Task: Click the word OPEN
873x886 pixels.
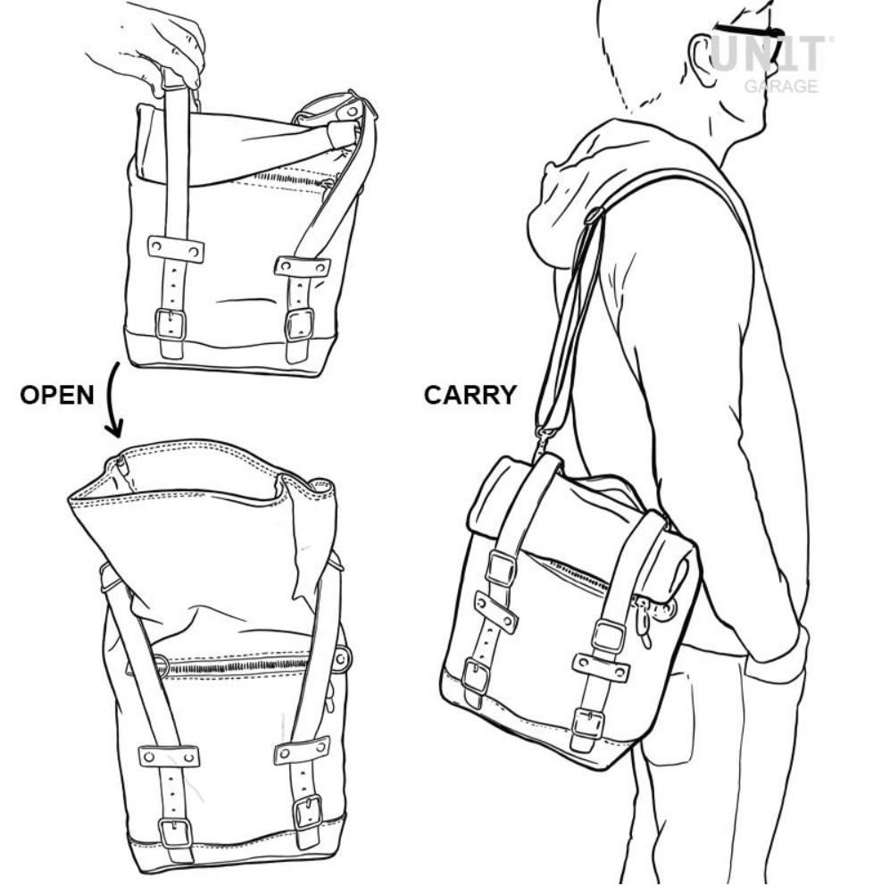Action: pyautogui.click(x=57, y=395)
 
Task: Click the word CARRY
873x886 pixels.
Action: pyautogui.click(x=470, y=395)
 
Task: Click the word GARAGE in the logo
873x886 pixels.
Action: pyautogui.click(x=781, y=87)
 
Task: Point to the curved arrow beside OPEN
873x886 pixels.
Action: pyautogui.click(x=111, y=400)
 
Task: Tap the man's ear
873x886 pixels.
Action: pyautogui.click(x=703, y=63)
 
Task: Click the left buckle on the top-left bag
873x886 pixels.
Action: pyautogui.click(x=170, y=325)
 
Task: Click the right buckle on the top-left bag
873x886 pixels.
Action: pyautogui.click(x=299, y=324)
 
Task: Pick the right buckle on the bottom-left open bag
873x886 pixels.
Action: pyautogui.click(x=308, y=812)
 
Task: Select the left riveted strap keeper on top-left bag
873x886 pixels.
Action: pyautogui.click(x=176, y=250)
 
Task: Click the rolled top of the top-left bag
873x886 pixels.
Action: pyautogui.click(x=248, y=141)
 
